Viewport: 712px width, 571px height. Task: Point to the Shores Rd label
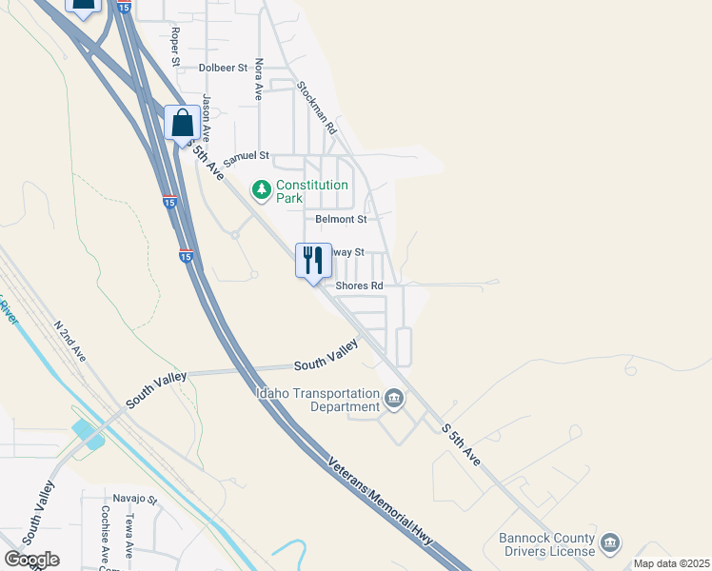(x=359, y=285)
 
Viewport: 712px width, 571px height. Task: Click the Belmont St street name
(x=341, y=219)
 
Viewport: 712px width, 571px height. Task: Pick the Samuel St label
(x=247, y=158)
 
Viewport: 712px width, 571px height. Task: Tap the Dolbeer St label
(x=223, y=68)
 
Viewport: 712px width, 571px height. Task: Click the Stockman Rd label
(x=317, y=106)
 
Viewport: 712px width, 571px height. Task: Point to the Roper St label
(x=175, y=47)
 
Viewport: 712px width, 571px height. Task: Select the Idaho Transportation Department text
(x=318, y=400)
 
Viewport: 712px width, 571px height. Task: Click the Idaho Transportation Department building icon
(x=393, y=398)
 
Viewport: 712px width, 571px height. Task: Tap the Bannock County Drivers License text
(x=547, y=543)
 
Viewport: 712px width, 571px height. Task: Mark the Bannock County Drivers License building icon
(x=610, y=543)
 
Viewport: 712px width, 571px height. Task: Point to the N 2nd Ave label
(x=70, y=341)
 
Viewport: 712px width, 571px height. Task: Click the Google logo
(x=31, y=560)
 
